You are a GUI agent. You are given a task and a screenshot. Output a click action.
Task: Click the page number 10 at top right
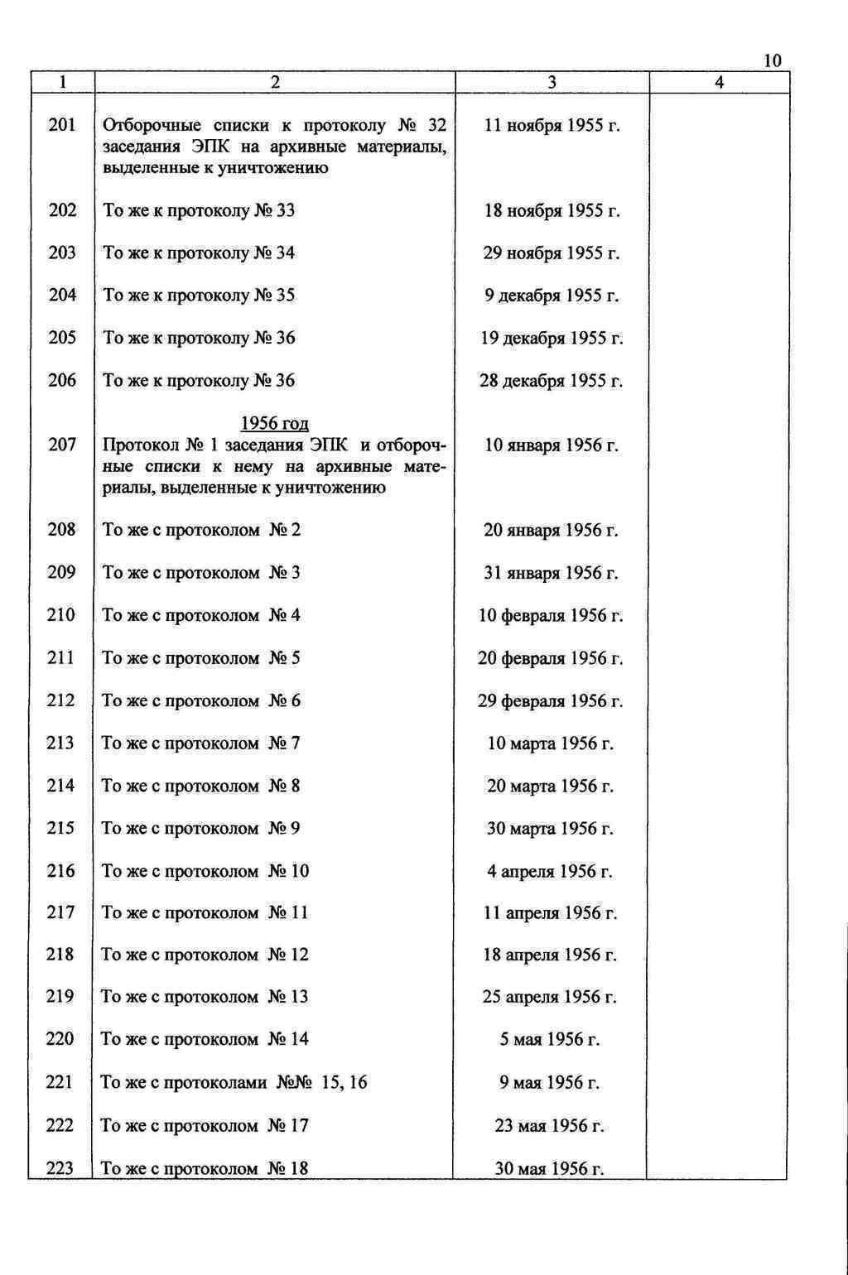tap(772, 60)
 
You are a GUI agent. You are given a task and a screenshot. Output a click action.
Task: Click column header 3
tap(552, 82)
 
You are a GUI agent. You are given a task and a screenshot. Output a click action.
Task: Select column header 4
tap(719, 82)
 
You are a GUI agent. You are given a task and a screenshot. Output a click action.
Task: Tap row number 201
tap(62, 125)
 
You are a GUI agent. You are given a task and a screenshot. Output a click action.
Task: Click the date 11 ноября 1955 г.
tap(552, 126)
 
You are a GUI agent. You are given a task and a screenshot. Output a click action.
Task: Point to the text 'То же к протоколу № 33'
tap(199, 210)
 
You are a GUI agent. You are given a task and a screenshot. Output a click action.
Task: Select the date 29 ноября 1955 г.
tap(552, 253)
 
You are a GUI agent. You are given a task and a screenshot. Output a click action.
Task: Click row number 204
tap(62, 296)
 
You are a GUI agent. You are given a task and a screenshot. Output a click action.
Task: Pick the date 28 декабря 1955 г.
tap(552, 381)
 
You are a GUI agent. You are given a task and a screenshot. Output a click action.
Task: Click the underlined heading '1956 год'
tap(274, 424)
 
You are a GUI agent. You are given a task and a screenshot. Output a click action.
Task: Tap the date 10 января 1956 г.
tap(552, 445)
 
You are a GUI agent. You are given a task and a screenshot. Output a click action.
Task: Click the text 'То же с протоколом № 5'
tap(200, 658)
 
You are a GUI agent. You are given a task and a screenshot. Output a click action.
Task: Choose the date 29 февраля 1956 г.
tap(551, 701)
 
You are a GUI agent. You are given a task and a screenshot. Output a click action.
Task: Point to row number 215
tap(60, 828)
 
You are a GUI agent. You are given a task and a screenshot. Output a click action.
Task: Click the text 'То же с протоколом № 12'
tap(205, 955)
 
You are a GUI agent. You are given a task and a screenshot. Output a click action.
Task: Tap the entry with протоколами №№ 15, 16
tap(234, 1082)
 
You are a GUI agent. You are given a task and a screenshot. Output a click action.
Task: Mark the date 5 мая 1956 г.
tap(550, 1039)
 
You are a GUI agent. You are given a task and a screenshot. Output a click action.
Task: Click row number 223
tap(60, 1168)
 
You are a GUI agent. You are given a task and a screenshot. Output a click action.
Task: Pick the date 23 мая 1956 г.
tap(550, 1126)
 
